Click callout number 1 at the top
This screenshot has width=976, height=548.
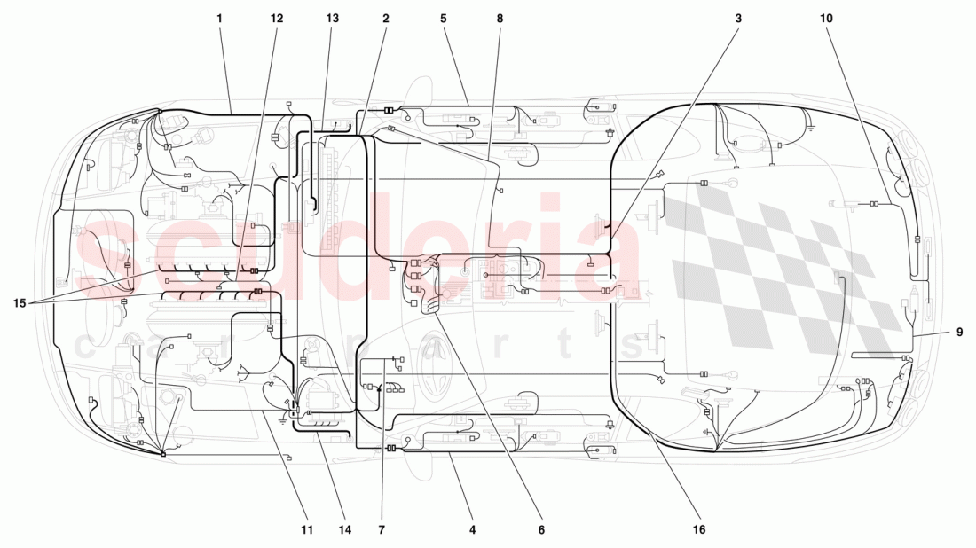point(219,18)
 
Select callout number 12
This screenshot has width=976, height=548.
point(277,18)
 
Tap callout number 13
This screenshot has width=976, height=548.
point(332,18)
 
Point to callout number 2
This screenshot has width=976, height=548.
point(386,18)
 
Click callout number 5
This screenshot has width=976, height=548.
point(444,18)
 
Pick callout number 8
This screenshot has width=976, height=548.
point(500,18)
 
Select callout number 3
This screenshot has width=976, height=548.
point(737,18)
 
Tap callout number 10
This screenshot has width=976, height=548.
point(827,18)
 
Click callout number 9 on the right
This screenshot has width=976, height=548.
point(960,333)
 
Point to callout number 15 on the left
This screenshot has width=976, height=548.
point(20,303)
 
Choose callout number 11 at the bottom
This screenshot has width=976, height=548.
point(307,530)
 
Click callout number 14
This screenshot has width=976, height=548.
point(344,530)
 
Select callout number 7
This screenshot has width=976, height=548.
point(382,530)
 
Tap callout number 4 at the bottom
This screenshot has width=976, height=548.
point(473,530)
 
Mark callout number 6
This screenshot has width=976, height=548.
point(541,530)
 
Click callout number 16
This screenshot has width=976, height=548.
point(699,530)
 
